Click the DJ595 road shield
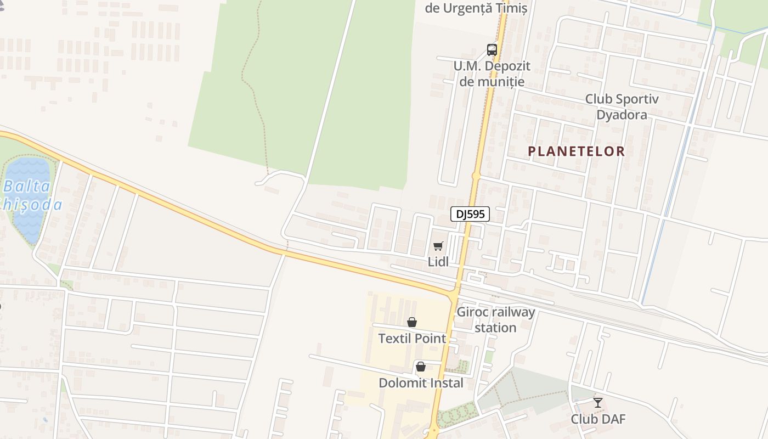click(470, 214)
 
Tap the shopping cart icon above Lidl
click(438, 246)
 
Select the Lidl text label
click(438, 262)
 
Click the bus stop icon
click(492, 50)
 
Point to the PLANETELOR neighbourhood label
click(576, 151)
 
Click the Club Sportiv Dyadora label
click(622, 107)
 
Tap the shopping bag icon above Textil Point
click(412, 322)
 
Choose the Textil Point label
click(412, 339)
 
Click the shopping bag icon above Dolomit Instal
click(421, 367)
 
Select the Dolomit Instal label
click(421, 383)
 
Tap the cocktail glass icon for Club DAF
click(598, 403)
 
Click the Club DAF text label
click(598, 419)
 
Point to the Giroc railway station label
click(495, 320)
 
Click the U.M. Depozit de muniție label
click(492, 74)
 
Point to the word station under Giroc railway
click(495, 328)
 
